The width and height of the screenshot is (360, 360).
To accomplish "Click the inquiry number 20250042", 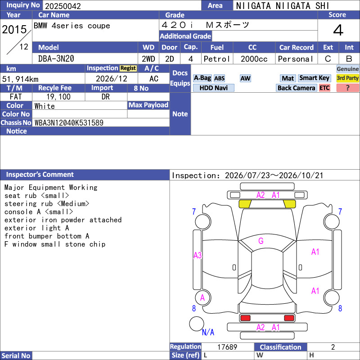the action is (x=63, y=6).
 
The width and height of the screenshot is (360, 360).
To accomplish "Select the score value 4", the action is (x=338, y=30).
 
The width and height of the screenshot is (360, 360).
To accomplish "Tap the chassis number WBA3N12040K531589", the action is (x=69, y=123).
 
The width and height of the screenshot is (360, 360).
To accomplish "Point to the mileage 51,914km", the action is (x=20, y=79).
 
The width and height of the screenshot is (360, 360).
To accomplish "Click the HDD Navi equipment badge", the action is (x=213, y=88).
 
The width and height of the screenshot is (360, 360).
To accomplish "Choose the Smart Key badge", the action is (x=314, y=78).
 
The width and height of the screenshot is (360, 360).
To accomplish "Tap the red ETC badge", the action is (x=324, y=88).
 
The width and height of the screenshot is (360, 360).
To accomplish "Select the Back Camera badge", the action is (x=296, y=88).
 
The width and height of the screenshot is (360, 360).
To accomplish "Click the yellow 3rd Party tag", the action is (x=347, y=78).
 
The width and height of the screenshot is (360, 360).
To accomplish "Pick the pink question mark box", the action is (x=347, y=88).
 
